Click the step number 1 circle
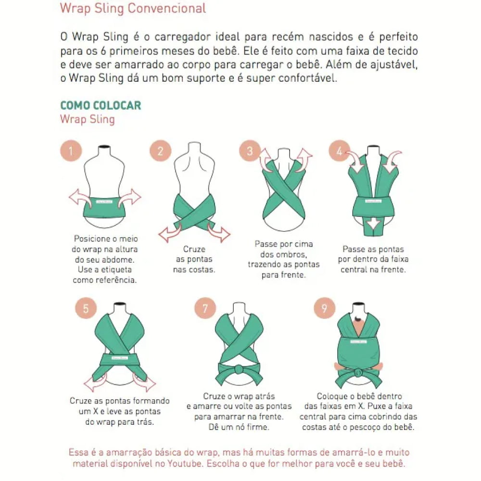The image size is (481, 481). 71,152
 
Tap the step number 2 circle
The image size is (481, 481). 160,152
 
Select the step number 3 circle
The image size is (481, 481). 250,152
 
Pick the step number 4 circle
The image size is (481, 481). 339,152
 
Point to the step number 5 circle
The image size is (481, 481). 86,308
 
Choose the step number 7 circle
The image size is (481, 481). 205,308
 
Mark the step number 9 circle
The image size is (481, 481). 324,308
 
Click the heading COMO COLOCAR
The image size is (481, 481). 101,105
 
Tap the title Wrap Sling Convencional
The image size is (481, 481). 133,8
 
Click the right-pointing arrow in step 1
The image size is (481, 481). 130,197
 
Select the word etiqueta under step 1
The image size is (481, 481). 116,269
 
